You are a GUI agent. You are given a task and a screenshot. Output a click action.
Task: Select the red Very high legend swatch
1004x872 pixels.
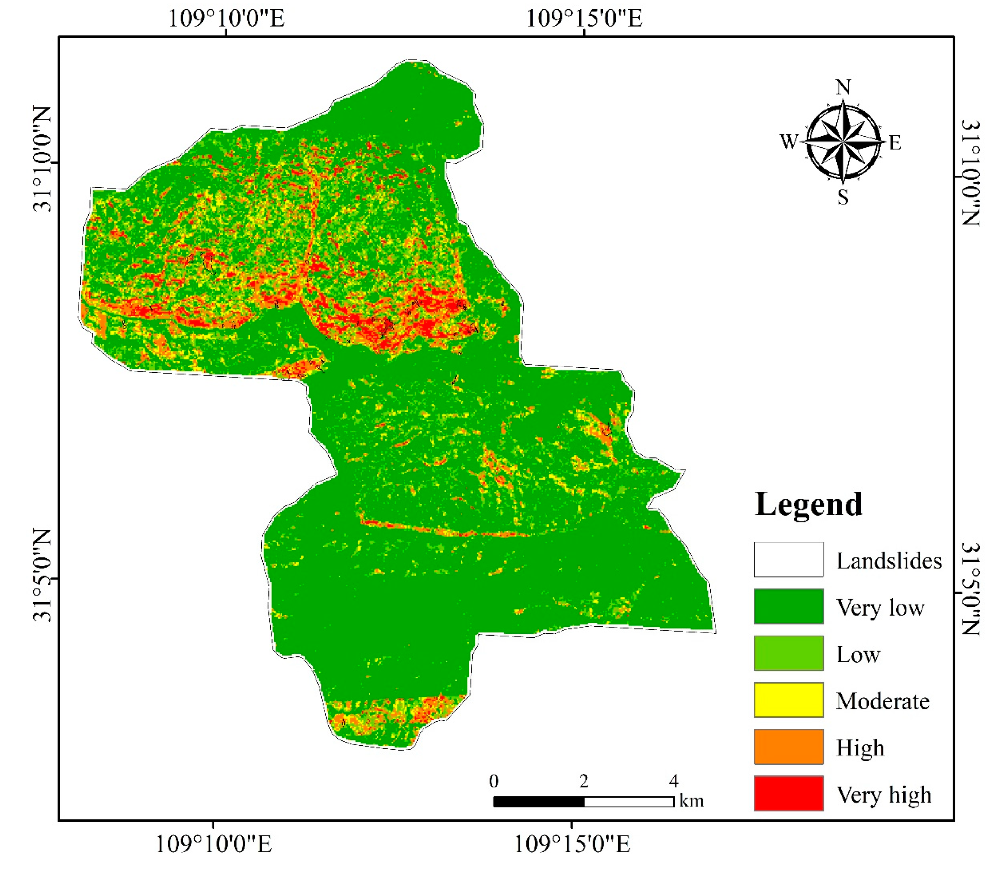[x=788, y=793]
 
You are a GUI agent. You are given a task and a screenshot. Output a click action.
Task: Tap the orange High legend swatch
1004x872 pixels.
[x=788, y=747]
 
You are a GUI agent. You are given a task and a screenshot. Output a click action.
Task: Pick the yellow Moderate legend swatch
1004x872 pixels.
[x=788, y=700]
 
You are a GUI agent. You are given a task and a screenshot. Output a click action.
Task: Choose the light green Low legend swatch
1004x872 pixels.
[x=788, y=653]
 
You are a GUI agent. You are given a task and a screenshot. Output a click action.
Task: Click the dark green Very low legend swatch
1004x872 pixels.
[x=788, y=606]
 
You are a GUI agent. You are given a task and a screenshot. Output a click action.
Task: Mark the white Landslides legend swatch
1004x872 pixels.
[x=788, y=559]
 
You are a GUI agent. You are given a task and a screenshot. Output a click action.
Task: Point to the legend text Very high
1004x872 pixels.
[x=884, y=795]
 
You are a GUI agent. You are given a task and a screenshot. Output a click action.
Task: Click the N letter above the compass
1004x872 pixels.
[x=843, y=88]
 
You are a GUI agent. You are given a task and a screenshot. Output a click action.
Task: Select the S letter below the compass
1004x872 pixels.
[x=843, y=197]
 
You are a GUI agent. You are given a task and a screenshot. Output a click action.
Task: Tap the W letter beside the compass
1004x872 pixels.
[x=789, y=141]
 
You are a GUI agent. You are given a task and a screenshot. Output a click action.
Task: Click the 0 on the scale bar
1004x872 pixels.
[x=493, y=781]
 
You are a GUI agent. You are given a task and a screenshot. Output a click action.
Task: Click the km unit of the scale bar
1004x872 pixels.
[x=692, y=801]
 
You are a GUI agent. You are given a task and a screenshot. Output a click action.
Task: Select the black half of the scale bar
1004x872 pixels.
[x=539, y=802]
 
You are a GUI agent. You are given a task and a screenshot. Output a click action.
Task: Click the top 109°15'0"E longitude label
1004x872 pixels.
[x=584, y=18]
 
